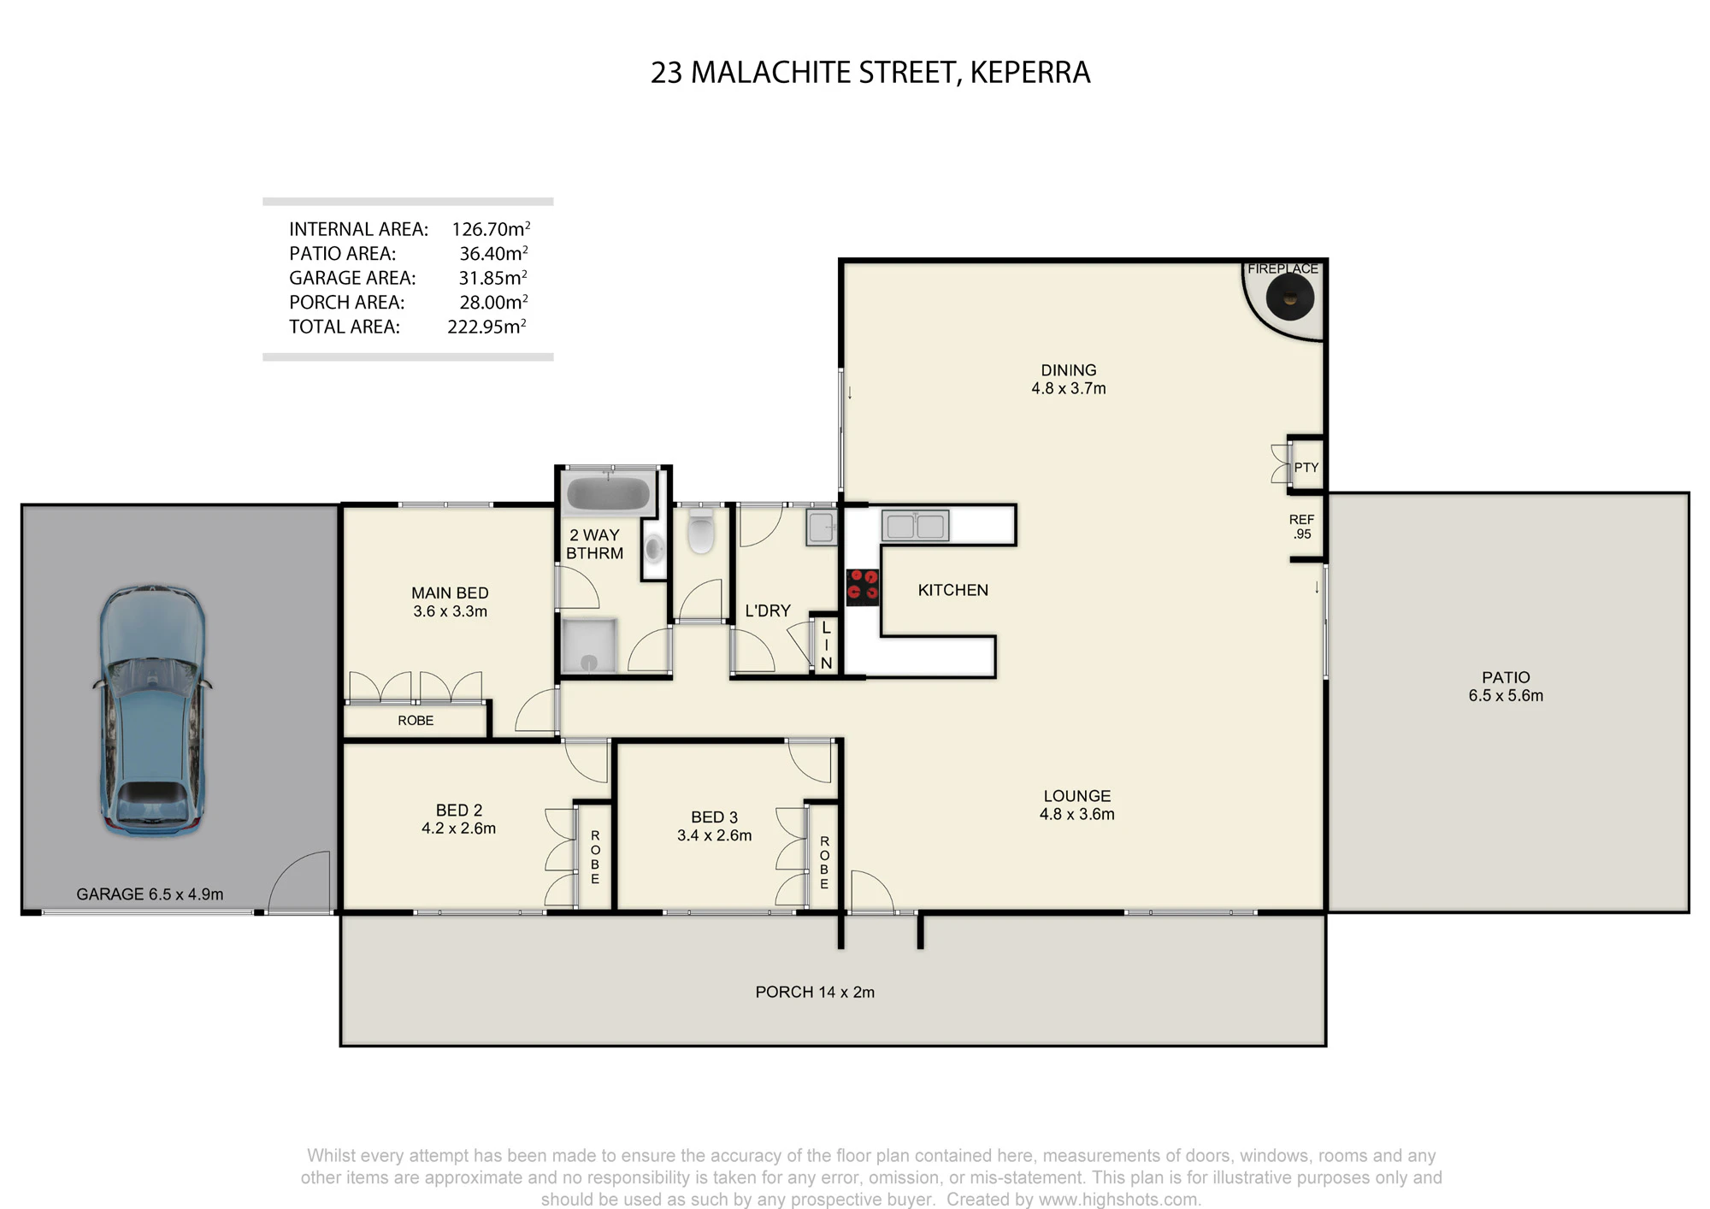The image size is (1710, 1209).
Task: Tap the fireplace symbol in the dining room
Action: (1289, 298)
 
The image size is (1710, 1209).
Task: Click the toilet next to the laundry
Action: (700, 530)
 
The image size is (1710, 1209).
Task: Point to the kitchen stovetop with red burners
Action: (863, 587)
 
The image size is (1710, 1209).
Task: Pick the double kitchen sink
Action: (915, 526)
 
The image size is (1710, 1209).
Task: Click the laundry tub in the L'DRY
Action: (822, 528)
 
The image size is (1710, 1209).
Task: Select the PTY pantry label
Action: (1306, 468)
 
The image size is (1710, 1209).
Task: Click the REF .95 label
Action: (1302, 527)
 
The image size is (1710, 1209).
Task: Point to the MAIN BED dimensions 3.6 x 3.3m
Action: (450, 611)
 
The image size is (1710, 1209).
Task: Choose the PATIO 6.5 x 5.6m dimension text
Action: (1506, 696)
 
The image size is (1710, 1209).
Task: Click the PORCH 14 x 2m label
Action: (815, 992)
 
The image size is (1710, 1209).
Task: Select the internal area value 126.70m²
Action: (491, 229)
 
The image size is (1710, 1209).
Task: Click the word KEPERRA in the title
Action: (1030, 73)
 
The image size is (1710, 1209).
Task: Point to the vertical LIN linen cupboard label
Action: (826, 645)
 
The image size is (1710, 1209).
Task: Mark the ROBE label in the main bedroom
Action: (416, 721)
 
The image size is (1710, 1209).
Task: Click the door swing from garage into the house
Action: (299, 882)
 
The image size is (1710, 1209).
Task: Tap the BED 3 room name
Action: (714, 817)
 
